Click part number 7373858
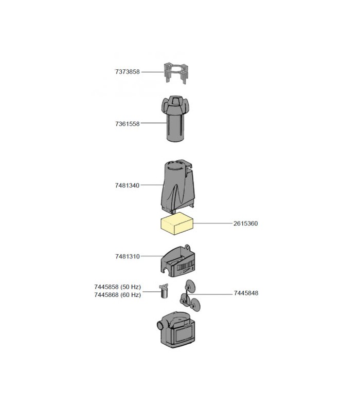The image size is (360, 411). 127,72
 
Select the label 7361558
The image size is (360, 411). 127,124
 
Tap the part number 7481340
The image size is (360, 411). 127,185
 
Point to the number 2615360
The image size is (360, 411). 246,223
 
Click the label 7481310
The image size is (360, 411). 127,256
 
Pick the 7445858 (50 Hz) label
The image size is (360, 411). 118,287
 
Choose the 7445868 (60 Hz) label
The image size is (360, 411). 118,295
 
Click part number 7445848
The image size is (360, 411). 246,293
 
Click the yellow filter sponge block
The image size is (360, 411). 177,224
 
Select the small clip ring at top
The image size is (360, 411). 175,72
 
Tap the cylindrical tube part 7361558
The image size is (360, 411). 174,119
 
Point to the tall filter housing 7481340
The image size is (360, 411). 178,186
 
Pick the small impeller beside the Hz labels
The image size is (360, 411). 164,291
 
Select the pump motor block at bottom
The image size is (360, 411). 176,329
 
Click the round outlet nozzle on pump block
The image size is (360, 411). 159,326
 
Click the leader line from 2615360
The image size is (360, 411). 213,223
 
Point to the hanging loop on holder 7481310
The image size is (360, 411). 187,248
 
